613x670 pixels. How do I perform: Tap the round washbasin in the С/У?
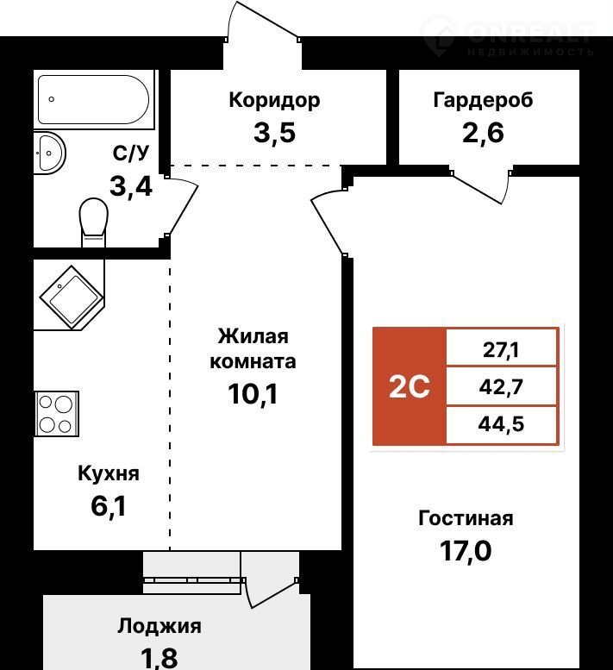(x=50, y=153)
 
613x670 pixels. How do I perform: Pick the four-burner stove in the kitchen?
(x=56, y=413)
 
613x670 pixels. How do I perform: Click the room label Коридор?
(x=274, y=100)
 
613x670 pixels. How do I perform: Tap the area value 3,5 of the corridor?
(x=274, y=135)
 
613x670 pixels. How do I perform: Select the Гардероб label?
(x=483, y=100)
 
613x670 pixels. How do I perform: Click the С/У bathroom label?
(x=131, y=153)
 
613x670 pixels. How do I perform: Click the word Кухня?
(x=109, y=473)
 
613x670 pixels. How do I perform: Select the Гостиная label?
(x=466, y=518)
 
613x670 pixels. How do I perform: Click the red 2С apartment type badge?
(x=410, y=386)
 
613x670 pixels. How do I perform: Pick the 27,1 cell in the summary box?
(x=502, y=350)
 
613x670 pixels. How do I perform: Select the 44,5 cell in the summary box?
(x=502, y=423)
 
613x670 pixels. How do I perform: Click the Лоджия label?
(x=160, y=627)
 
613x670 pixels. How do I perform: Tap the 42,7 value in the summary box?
(x=502, y=387)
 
